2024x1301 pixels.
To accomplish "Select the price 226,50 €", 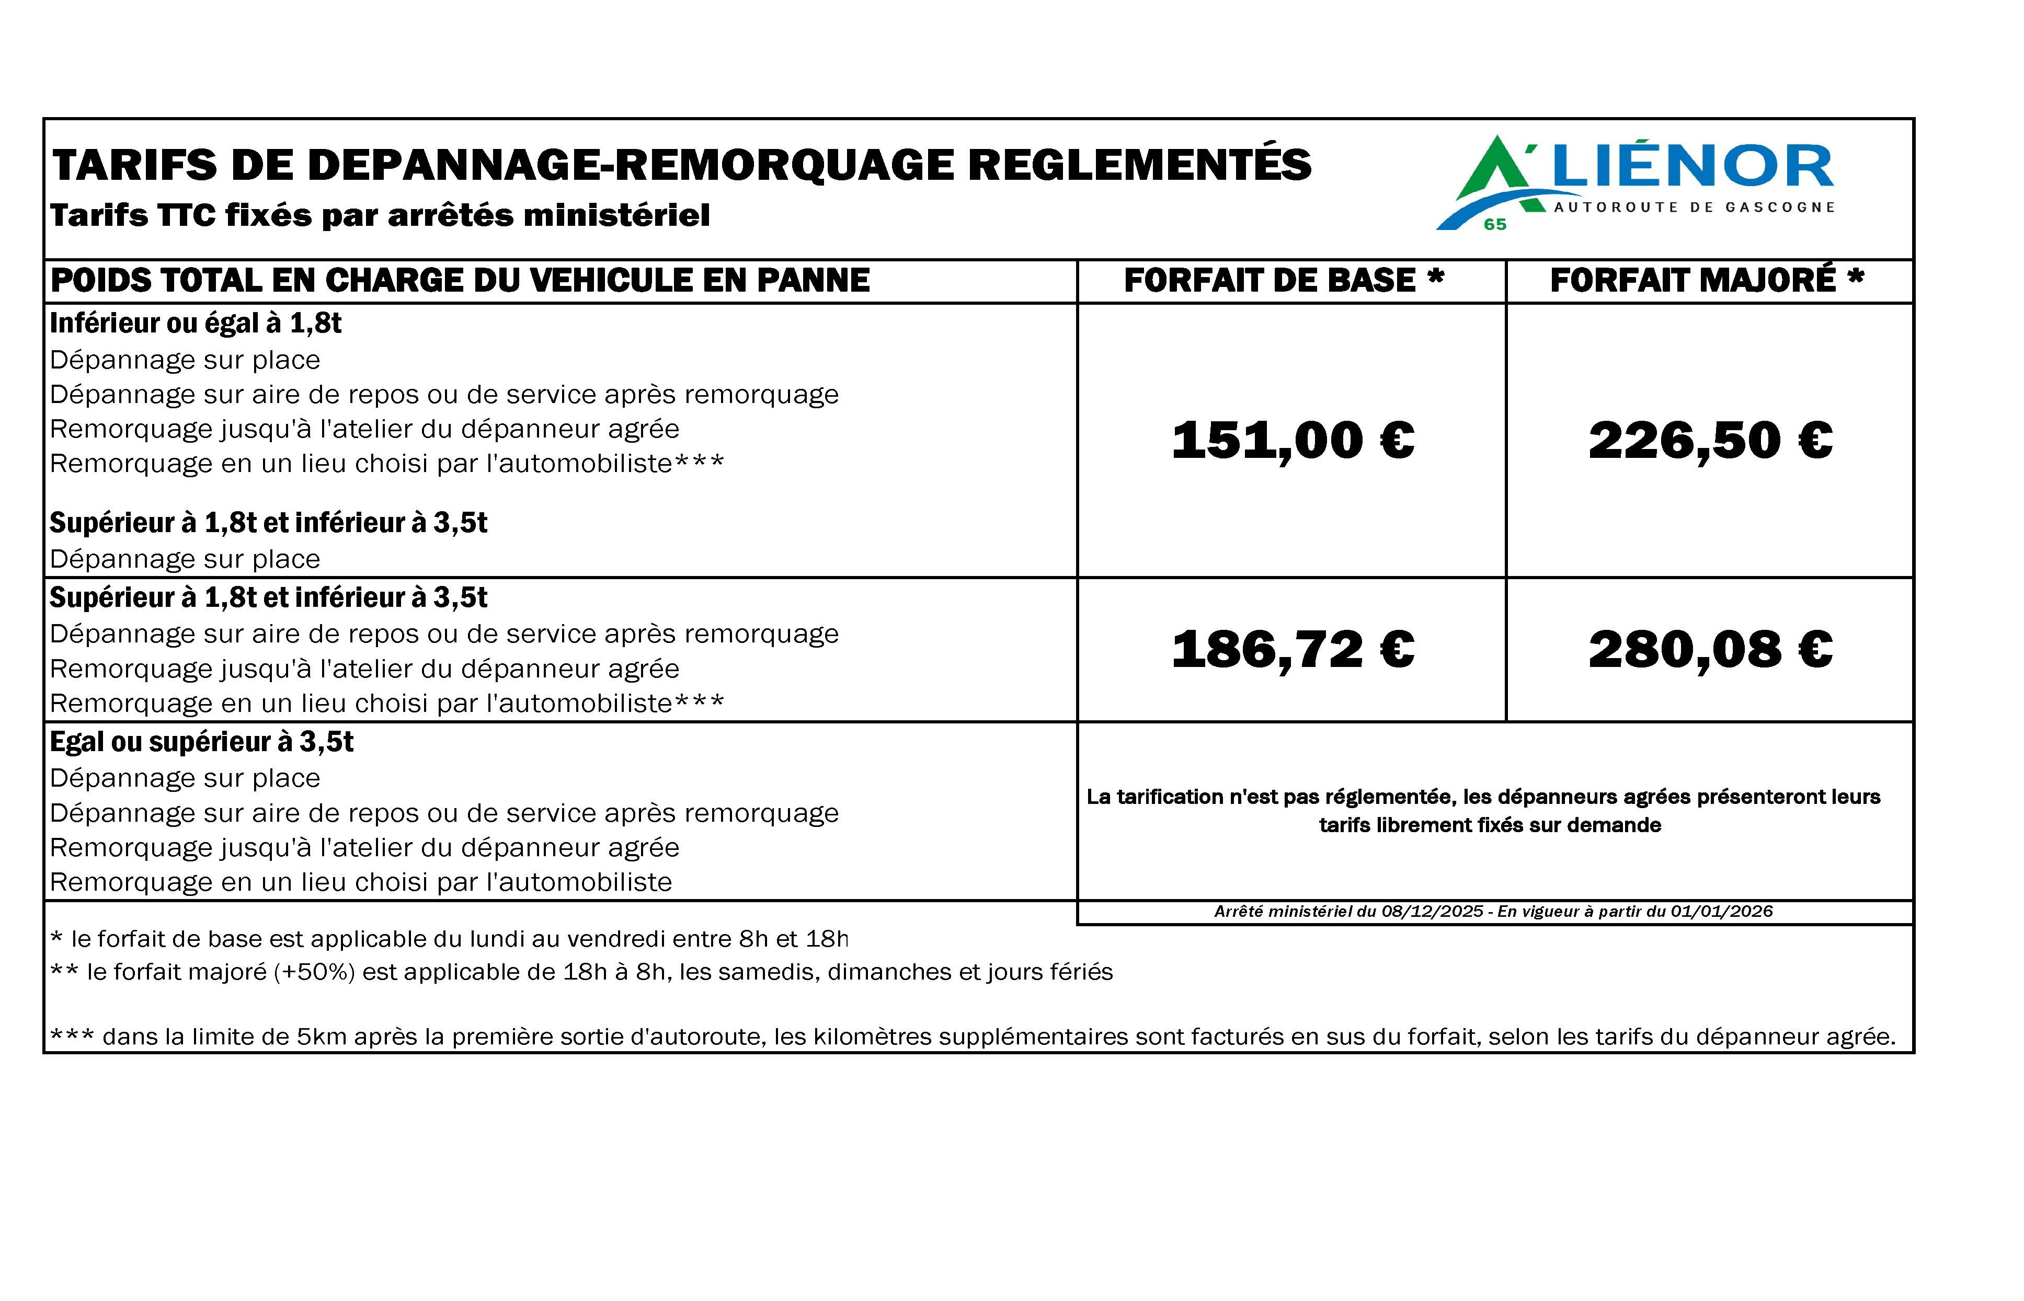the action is [x=1710, y=440].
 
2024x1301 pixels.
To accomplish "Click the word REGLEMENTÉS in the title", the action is [x=1139, y=165].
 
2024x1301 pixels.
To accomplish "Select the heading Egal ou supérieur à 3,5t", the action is [x=201, y=742].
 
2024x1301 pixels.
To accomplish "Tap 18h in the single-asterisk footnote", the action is [x=827, y=939].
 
